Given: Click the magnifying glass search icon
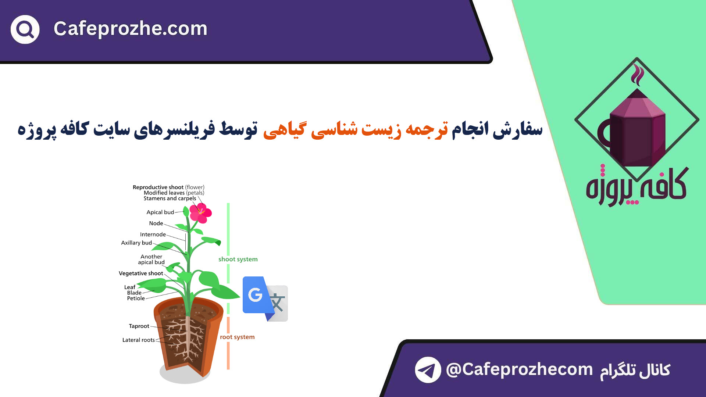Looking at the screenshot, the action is [25, 29].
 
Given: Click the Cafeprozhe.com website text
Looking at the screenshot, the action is [131, 28].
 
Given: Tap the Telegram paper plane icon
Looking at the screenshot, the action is [428, 370].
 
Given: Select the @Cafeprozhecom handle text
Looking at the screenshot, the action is [519, 369].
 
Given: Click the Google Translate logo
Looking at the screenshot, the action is [265, 299].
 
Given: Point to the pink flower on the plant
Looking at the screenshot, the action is [201, 212].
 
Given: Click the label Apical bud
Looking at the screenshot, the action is [160, 212].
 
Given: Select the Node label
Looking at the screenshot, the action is [156, 223].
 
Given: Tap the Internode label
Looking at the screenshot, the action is [153, 235].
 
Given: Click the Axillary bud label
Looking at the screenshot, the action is [136, 243].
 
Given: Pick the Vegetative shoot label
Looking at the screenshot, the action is [141, 273].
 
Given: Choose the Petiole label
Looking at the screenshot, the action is [136, 298].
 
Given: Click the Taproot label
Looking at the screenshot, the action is [139, 326].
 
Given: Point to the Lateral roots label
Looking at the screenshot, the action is [139, 340].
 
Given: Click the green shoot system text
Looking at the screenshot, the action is [238, 259].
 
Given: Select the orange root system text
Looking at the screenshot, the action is [237, 337].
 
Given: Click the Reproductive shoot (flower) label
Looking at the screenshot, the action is [168, 187].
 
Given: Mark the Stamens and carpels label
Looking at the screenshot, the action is [170, 198].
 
